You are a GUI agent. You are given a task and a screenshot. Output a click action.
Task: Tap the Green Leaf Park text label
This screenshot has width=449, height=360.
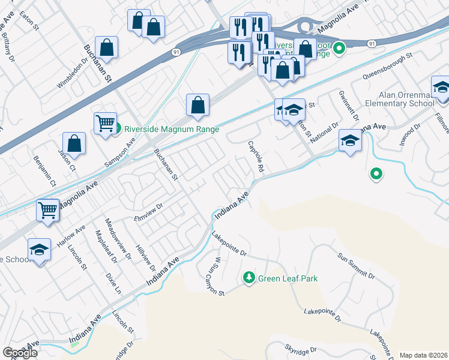point(288,278)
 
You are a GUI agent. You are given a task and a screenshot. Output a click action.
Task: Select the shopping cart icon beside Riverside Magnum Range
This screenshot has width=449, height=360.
point(105,122)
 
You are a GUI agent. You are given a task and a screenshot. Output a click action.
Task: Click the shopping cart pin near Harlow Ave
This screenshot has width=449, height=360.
point(47,210)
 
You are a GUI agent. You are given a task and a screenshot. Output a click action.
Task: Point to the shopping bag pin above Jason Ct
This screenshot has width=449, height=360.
point(74,143)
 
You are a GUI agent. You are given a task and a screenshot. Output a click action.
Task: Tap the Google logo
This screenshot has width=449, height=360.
point(20,353)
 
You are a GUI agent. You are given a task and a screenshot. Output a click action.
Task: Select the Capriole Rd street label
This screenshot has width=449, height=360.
point(256,157)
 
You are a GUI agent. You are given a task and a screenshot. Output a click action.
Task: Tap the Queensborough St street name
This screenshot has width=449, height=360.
point(388,67)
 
